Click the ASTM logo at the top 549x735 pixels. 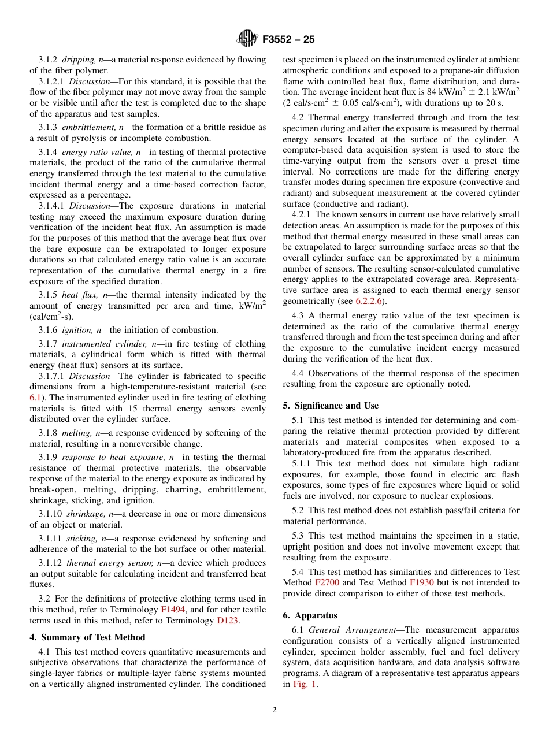[x=247, y=39]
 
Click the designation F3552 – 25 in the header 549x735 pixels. [x=288, y=40]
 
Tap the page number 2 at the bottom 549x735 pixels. [x=274, y=710]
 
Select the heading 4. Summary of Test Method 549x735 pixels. [x=87, y=637]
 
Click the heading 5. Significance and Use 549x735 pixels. [x=331, y=406]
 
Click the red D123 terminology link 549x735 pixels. [x=228, y=621]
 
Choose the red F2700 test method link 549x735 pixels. [x=327, y=582]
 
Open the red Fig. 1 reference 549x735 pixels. [x=304, y=684]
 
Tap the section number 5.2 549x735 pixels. [x=299, y=510]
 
